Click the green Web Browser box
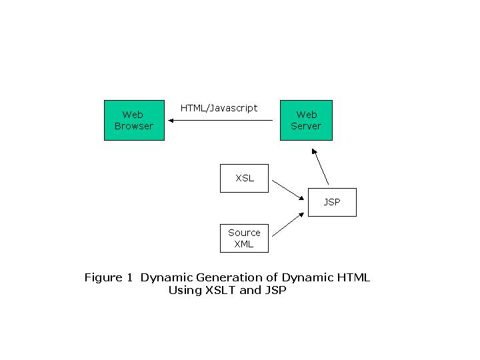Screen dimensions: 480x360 pos(134,120)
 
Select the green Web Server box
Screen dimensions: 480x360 pos(306,120)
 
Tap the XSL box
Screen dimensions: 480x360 pos(244,178)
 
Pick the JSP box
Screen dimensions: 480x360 pos(332,203)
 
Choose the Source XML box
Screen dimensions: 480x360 pos(244,238)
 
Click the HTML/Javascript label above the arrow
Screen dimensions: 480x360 pos(219,109)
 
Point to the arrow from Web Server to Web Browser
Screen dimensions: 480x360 pos(221,120)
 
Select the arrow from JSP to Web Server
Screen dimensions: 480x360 pos(320,167)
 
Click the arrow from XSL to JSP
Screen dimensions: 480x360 pos(288,190)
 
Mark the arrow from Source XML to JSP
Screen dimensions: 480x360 pos(288,225)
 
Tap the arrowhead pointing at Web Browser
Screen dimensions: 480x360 pos(171,120)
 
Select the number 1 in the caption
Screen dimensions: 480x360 pos(130,277)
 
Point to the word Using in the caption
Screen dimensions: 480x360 pos(185,290)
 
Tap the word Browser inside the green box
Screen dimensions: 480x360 pos(134,126)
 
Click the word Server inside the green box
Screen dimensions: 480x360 pos(306,126)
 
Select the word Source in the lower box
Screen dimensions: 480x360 pos(244,233)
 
